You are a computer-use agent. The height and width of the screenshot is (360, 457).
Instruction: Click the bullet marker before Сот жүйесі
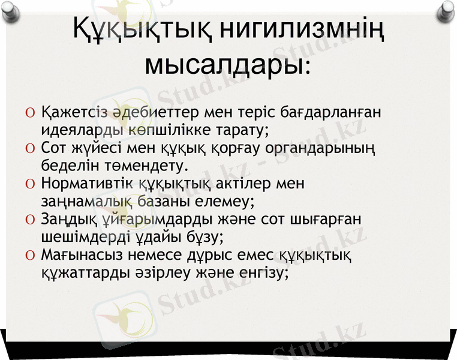[30, 148]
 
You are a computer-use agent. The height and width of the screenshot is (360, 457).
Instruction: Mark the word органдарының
[324, 147]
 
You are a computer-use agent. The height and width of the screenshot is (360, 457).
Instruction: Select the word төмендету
[142, 163]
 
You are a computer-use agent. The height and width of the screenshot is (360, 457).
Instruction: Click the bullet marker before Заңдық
[30, 218]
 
